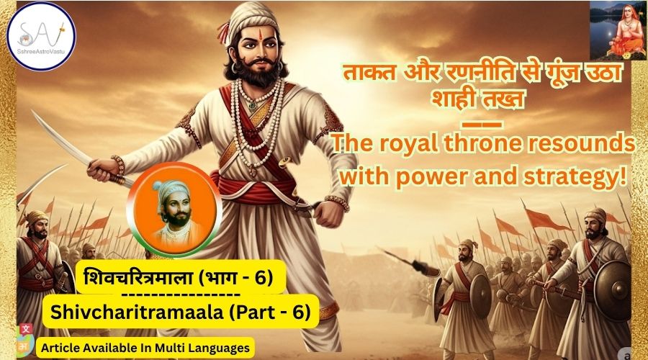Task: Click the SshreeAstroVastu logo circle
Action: tap(41, 36)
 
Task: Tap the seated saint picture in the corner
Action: tap(618, 30)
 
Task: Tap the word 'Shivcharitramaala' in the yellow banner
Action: tap(135, 312)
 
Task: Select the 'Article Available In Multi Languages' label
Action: tap(145, 348)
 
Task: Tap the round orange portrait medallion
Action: tap(174, 210)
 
